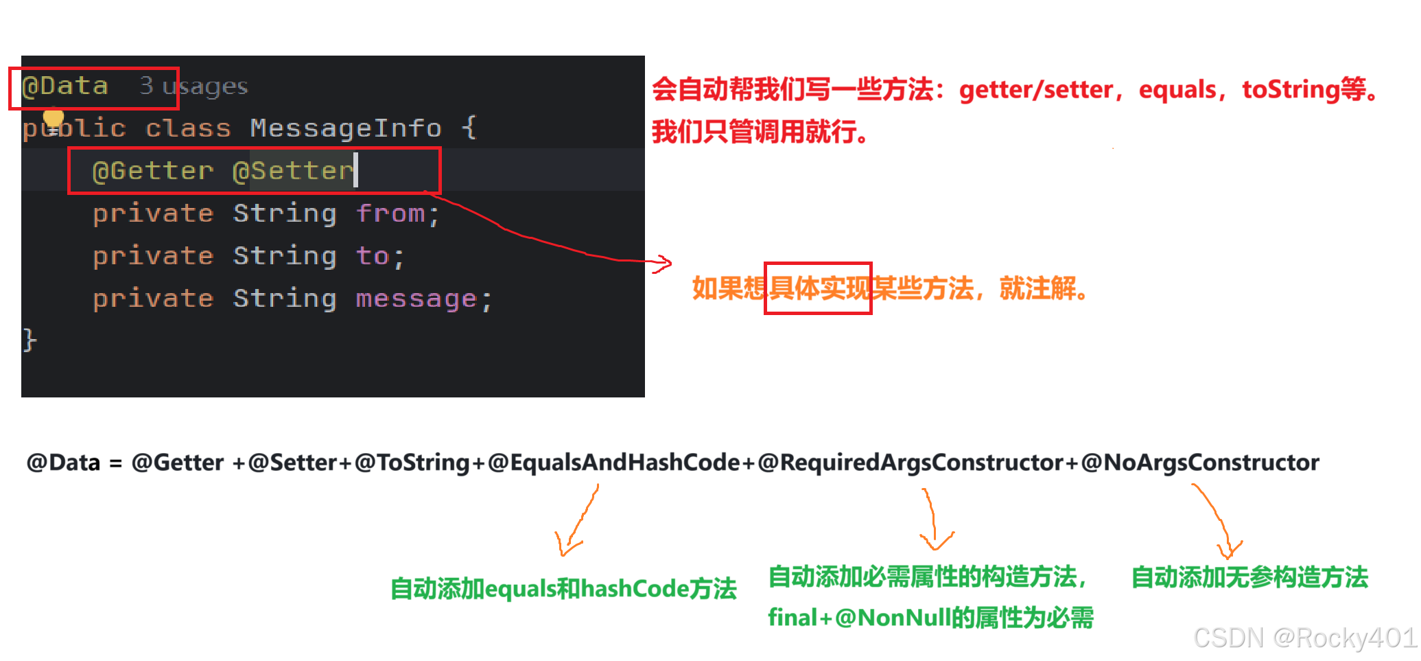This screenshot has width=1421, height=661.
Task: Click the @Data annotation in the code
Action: click(65, 86)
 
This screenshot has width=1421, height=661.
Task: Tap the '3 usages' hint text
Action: click(193, 86)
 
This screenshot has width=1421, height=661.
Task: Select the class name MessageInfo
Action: click(346, 128)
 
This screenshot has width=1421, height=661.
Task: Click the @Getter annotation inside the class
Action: click(153, 171)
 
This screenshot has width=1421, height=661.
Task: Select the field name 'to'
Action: click(373, 256)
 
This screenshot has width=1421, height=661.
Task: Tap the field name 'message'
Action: click(416, 299)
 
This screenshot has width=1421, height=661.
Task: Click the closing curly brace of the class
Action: click(30, 340)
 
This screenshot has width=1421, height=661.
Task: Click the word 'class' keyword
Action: click(188, 128)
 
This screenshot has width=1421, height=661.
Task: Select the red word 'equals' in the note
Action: click(1177, 90)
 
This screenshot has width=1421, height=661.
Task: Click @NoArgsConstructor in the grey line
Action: click(1200, 463)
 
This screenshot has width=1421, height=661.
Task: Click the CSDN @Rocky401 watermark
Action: click(1304, 637)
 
